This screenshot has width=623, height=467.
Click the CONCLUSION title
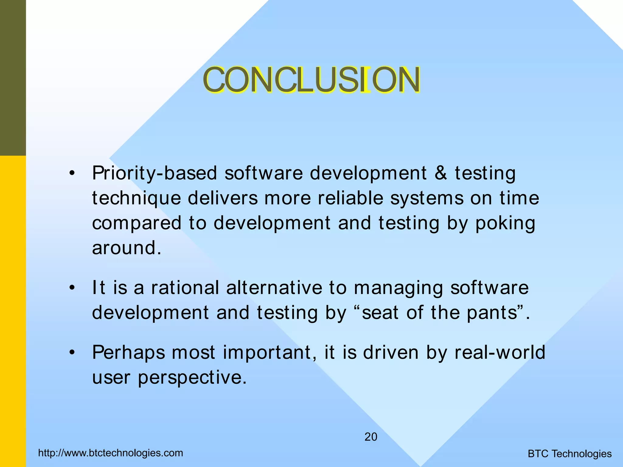[311, 80]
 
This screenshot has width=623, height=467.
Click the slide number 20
[371, 437]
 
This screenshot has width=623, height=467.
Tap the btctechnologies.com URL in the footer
[111, 453]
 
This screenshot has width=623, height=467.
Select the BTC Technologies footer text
[569, 454]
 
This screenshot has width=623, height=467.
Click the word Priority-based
[155, 173]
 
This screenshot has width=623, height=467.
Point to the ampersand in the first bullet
[441, 173]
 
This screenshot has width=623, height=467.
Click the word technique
[136, 198]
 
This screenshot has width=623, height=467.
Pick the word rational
[185, 288]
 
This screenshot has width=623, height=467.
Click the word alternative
[274, 288]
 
